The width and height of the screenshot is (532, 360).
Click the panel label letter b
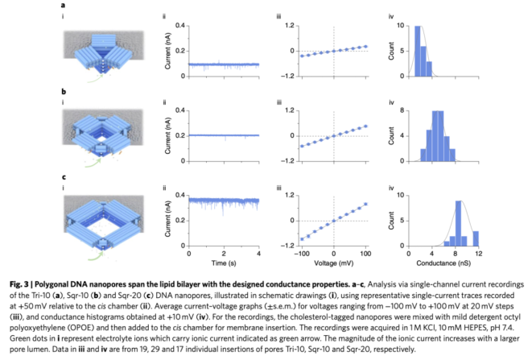(63, 92)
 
